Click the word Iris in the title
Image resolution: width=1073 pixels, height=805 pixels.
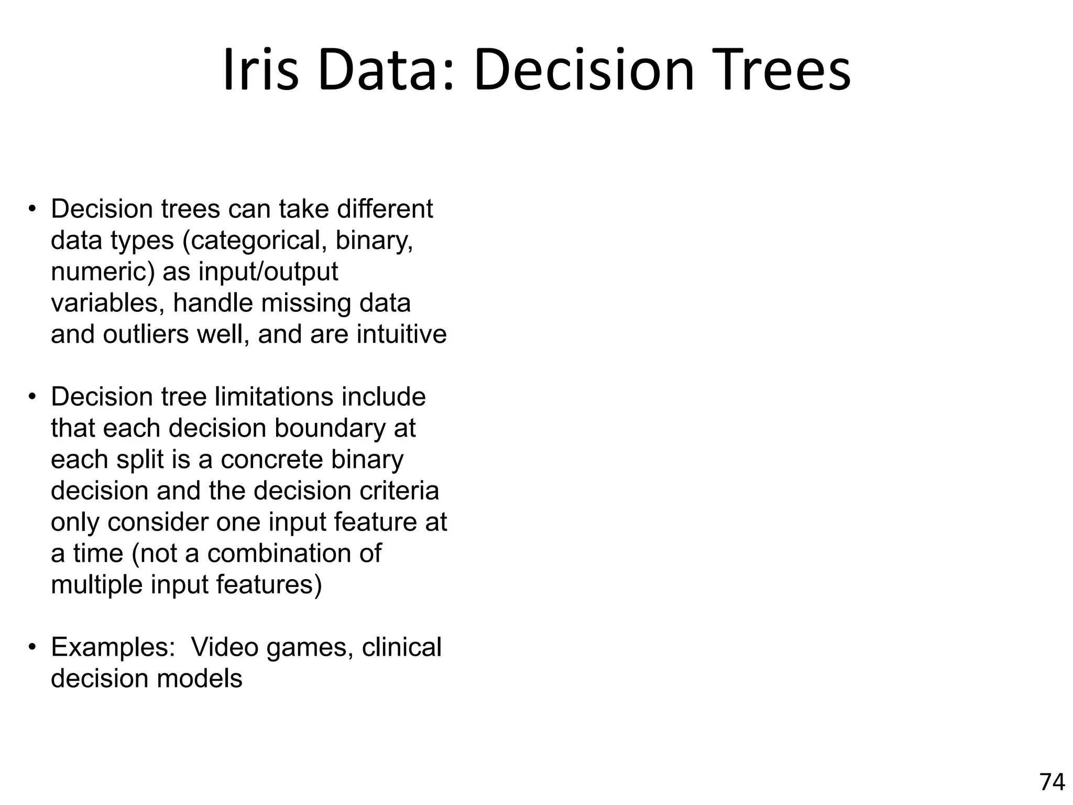tap(260, 71)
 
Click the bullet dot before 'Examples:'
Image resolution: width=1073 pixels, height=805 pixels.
tap(32, 647)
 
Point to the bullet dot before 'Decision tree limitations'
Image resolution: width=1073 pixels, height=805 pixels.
tap(32, 397)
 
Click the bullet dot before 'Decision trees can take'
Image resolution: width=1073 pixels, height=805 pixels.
tap(32, 209)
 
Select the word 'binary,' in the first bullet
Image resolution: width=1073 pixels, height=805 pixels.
tap(374, 241)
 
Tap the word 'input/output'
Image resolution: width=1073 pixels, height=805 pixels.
tap(268, 272)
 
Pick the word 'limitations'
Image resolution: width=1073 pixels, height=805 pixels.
tap(273, 397)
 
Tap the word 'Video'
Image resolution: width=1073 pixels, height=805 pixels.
tap(225, 647)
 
